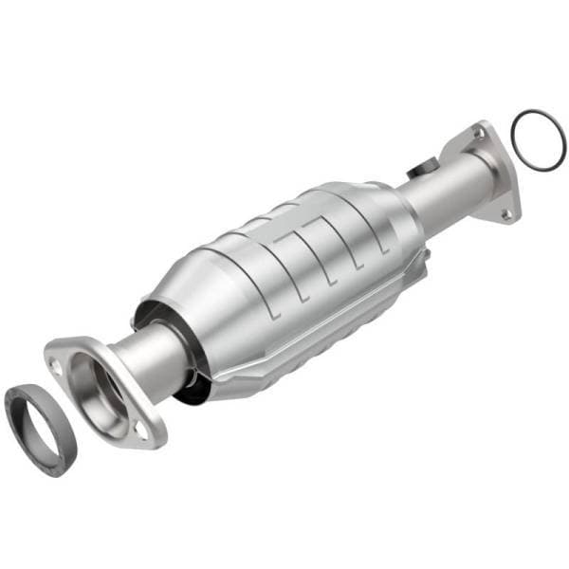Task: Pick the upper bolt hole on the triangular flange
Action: click(477, 136)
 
